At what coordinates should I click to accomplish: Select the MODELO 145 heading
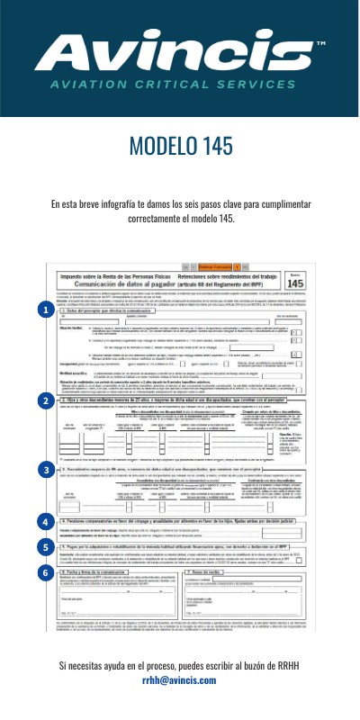pos(180,148)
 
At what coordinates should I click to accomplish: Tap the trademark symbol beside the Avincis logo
pos(321,43)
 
